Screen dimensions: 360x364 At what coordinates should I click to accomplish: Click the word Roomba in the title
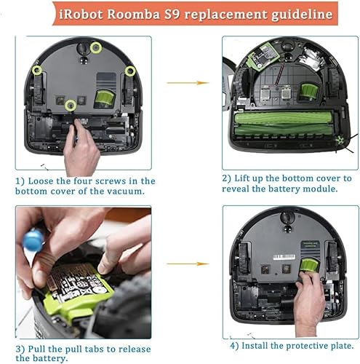133,14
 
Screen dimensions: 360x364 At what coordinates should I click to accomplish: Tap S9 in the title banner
172,14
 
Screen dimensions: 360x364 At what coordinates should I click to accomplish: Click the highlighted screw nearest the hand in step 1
71,106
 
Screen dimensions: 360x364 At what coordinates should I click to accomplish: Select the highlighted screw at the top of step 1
96,48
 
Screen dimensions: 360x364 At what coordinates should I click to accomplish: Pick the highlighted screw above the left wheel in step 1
37,70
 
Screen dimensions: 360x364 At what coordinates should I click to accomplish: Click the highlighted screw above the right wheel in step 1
130,71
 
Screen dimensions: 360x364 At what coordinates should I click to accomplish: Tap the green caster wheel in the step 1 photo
104,98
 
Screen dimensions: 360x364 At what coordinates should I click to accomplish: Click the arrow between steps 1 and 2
188,83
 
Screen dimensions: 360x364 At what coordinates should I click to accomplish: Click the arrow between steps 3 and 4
188,264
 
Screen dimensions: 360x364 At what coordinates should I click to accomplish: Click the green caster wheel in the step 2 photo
309,92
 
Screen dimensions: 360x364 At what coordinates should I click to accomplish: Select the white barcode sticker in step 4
284,257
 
